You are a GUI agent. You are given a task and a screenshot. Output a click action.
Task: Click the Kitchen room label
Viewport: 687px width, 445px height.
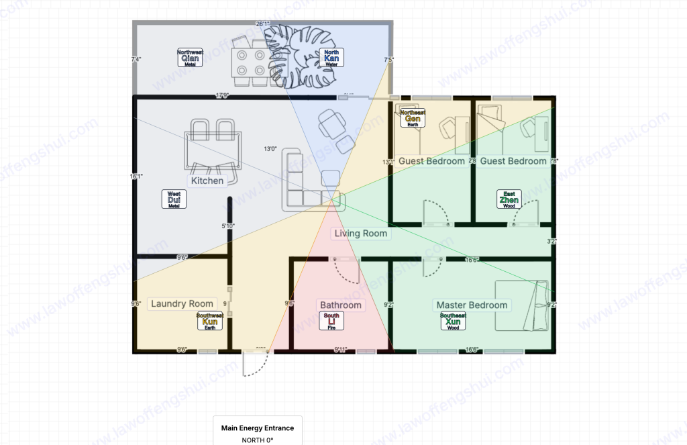point(207,181)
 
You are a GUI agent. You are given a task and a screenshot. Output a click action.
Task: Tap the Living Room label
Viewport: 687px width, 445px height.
point(362,234)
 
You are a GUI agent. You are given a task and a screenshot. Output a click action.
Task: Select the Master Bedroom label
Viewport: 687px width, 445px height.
point(472,305)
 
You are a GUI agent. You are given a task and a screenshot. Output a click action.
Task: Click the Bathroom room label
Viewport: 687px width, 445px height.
point(340,305)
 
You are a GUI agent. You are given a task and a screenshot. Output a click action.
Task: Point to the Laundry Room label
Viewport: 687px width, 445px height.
point(182,303)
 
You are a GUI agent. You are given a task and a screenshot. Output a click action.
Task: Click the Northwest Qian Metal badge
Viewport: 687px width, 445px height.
point(190,58)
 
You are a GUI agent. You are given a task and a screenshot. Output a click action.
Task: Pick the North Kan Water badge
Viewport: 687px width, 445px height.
point(331,58)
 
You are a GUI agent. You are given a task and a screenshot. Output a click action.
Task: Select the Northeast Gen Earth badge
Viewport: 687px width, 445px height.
point(413,118)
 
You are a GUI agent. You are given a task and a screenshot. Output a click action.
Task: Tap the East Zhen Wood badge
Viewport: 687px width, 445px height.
point(509,199)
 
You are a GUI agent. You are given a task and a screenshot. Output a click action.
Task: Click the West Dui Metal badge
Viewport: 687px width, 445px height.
point(174,199)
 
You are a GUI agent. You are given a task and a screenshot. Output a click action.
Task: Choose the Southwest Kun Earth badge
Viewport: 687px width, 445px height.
point(209,322)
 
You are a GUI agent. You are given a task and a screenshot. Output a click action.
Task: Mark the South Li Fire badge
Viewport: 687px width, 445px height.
point(331,322)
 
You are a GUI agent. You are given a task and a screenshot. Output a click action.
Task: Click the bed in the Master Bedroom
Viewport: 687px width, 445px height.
point(522,305)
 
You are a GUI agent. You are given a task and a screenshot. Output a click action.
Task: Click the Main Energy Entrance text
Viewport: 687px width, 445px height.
point(258,428)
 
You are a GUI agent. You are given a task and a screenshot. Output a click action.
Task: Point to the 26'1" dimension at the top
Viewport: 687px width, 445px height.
point(262,24)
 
